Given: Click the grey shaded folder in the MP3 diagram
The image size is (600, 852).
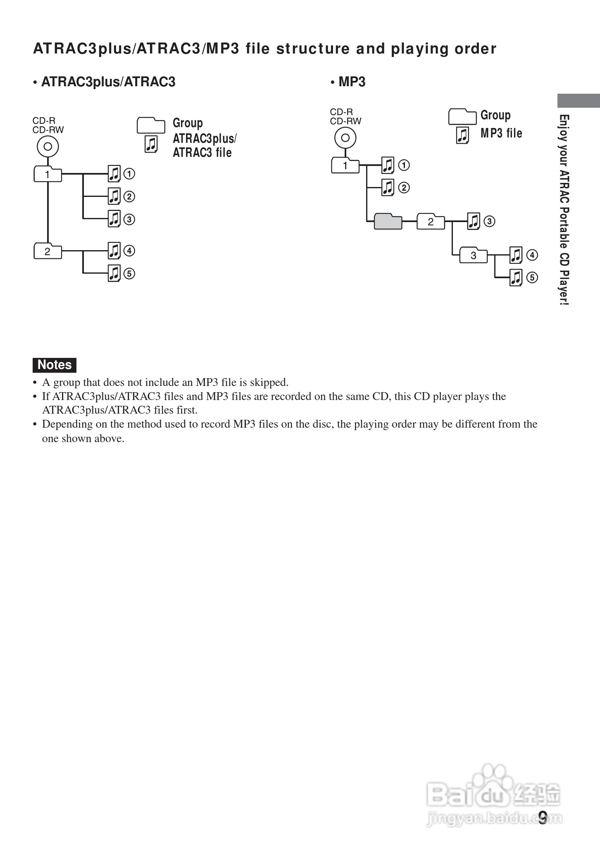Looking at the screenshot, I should pyautogui.click(x=388, y=222).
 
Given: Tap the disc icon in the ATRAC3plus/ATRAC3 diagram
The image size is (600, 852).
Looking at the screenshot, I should pyautogui.click(x=48, y=147).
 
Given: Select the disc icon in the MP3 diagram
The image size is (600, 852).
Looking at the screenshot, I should pyautogui.click(x=345, y=138).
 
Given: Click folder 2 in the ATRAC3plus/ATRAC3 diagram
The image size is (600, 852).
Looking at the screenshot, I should pyautogui.click(x=48, y=251).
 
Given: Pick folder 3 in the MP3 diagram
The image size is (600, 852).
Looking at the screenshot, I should pyautogui.click(x=474, y=256).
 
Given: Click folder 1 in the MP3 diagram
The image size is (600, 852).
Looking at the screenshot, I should pyautogui.click(x=345, y=166).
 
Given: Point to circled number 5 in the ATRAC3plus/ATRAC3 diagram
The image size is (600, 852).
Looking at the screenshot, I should pyautogui.click(x=129, y=273).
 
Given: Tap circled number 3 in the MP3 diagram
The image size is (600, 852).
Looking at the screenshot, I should pyautogui.click(x=489, y=222).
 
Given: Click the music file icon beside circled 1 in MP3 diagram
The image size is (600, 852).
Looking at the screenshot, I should pyautogui.click(x=388, y=165).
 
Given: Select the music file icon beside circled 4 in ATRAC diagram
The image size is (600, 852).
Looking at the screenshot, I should pyautogui.click(x=114, y=251).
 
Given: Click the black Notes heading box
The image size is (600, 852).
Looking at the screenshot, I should pyautogui.click(x=55, y=365).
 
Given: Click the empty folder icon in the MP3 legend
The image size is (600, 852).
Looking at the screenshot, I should pyautogui.click(x=462, y=116).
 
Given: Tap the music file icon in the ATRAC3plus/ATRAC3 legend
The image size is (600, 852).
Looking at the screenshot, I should pyautogui.click(x=151, y=144).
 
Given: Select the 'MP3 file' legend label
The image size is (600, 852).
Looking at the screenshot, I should pyautogui.click(x=501, y=133).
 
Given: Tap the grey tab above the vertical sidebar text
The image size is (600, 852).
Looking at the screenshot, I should pyautogui.click(x=578, y=101).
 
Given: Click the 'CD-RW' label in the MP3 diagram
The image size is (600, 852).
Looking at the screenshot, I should pyautogui.click(x=345, y=121).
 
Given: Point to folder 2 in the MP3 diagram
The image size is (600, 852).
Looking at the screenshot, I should pyautogui.click(x=431, y=222).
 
